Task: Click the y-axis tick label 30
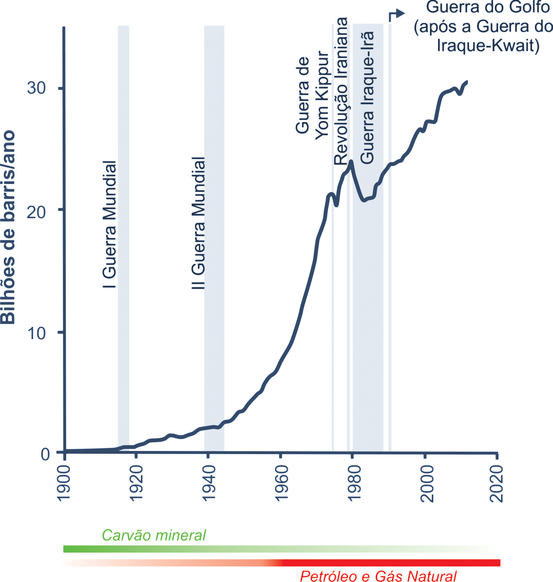tap(36, 88)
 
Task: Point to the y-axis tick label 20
tap(36, 212)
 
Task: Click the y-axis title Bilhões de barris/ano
tap(8, 227)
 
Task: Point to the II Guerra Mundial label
tap(198, 223)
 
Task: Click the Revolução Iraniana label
tap(341, 91)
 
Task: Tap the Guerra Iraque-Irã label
tap(367, 98)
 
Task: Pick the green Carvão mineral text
tap(154, 535)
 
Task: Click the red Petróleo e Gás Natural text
tap(378, 576)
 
